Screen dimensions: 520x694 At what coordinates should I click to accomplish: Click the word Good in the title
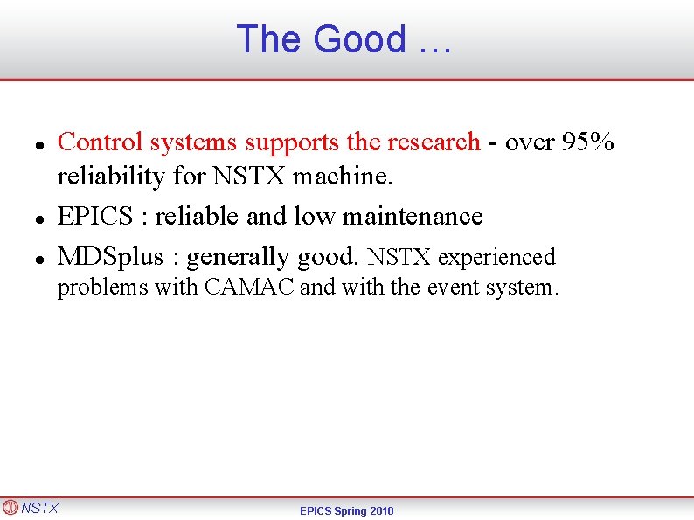click(x=359, y=39)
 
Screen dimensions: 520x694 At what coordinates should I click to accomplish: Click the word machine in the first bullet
click(x=343, y=177)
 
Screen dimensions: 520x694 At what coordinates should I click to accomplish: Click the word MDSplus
click(x=110, y=257)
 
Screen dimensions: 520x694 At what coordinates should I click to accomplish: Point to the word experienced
click(x=496, y=258)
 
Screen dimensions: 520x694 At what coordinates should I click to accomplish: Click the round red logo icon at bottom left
click(x=10, y=507)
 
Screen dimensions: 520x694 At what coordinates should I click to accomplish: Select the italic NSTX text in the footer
click(x=40, y=508)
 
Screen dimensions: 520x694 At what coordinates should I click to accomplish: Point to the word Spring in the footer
click(x=347, y=510)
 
